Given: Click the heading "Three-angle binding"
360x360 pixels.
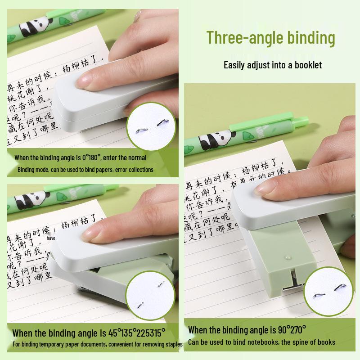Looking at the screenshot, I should (x=271, y=37).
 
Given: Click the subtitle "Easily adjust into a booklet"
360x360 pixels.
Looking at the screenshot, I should (x=273, y=65).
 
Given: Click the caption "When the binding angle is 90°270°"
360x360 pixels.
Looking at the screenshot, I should (x=247, y=330).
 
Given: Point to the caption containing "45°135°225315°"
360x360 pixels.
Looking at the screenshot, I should (x=89, y=333).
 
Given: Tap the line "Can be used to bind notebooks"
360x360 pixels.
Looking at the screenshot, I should (x=234, y=342).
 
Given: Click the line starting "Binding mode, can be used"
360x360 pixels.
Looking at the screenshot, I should (x=85, y=170).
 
